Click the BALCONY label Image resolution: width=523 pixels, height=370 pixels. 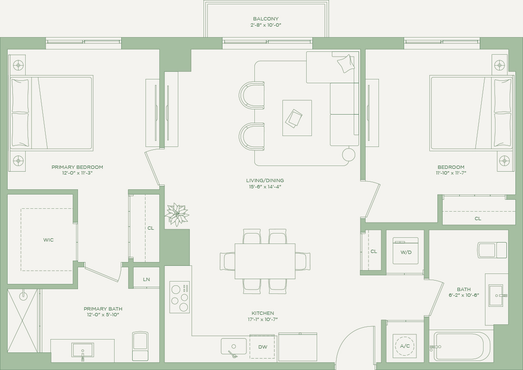pos(265,19)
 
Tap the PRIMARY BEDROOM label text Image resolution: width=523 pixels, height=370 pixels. pos(77,167)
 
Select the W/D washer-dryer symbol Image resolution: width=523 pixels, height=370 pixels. pos(406,251)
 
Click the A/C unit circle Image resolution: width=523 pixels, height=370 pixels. pos(405,346)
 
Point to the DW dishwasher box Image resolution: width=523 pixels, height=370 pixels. pos(262,347)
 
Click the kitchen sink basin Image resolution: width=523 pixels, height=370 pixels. pos(234,347)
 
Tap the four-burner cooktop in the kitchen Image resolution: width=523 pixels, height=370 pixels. pos(179,297)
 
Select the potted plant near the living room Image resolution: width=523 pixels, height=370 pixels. pos(177,214)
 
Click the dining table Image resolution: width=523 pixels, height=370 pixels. pos(265,261)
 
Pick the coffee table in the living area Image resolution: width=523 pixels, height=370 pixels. pos(297,118)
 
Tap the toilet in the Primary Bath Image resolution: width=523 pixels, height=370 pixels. pos(140,346)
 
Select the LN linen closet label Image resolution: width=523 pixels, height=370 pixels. pos(146,279)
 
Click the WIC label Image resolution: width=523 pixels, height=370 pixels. pos(48,240)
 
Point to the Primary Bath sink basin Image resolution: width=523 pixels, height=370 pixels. pos(82,351)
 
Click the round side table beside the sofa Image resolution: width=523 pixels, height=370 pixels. pos(349,155)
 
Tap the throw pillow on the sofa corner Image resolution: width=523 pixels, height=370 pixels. pos(346,63)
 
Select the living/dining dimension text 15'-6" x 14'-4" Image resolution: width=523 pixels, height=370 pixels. pos(265,186)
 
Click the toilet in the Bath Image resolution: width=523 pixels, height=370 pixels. pos(492,250)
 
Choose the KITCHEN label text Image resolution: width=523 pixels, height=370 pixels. pos(263,313)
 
